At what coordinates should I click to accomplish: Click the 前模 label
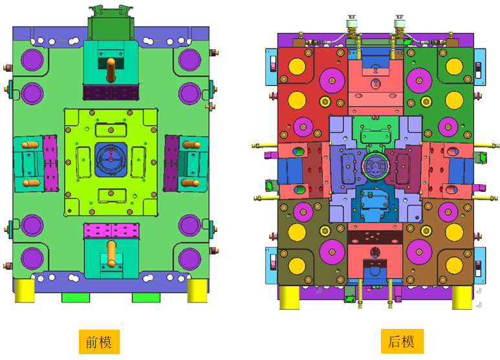[99, 342]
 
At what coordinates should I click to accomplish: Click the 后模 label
[402, 341]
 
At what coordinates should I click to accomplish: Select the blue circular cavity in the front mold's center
[111, 159]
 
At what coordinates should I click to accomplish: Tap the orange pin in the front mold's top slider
[111, 70]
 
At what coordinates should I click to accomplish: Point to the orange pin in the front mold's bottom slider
[111, 253]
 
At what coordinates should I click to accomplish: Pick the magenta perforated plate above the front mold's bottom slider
[111, 230]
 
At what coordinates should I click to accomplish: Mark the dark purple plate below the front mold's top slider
[111, 92]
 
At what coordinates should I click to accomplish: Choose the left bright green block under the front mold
[76, 297]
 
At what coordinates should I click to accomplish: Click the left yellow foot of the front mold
[25, 291]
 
